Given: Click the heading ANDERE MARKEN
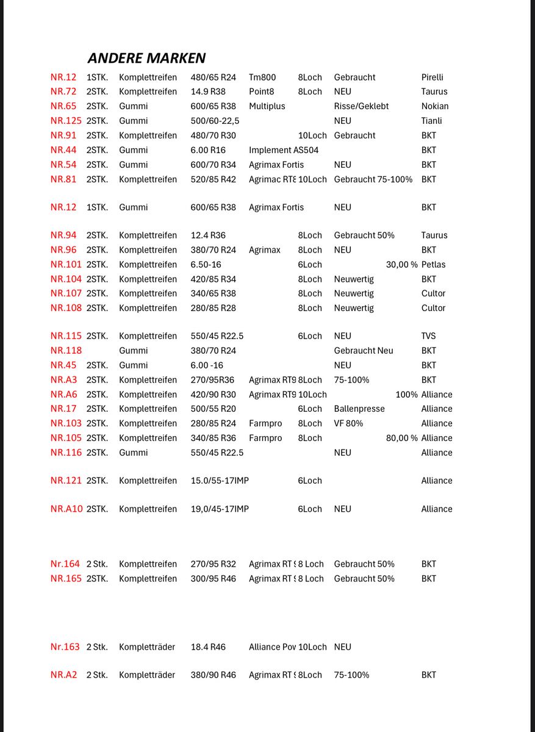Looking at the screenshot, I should point(146,58).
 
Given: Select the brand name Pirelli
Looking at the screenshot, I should point(432,77).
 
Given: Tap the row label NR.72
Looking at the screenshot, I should point(63,91).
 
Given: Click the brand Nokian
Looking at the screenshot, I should point(434,106).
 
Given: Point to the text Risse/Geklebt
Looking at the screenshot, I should point(361,106).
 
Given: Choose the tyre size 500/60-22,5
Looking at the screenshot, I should point(215,121).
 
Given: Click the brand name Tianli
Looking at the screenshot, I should point(431,121).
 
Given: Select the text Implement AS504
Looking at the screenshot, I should point(284,150).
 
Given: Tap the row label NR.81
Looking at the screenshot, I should point(63,179).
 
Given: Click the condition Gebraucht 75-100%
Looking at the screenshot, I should point(373,179).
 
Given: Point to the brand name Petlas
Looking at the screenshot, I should point(433,265).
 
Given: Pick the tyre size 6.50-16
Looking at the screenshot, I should point(206,265).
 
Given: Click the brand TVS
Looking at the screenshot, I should point(428,336).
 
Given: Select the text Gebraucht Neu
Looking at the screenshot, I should point(364,351).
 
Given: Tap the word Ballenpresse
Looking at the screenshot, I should point(359,409).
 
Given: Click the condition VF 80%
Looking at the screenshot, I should point(348,423).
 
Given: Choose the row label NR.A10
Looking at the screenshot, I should point(66,509).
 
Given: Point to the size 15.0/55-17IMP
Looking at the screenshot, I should point(220,481).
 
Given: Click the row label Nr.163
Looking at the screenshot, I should point(65,647).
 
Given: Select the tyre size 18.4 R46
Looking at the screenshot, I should point(208,647).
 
